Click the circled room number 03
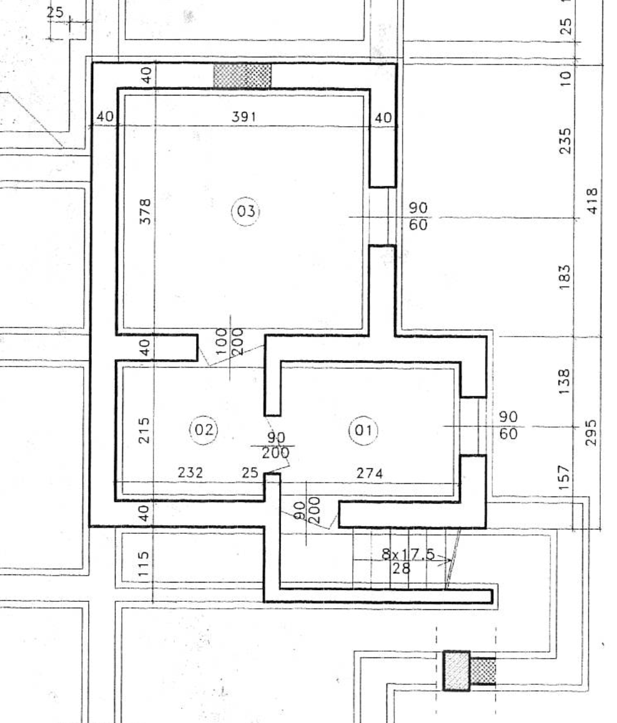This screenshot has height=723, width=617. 245,212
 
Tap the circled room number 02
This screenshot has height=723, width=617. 204,430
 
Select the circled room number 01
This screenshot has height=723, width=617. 363,430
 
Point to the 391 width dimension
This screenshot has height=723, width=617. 244,116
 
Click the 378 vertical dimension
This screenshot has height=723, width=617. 145,211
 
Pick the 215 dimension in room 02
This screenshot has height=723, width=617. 144,430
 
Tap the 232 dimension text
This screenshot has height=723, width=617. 190,473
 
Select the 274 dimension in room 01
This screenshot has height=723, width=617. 369,473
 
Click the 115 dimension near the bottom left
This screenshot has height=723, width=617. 144,563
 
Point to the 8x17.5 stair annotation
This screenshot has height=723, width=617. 408,554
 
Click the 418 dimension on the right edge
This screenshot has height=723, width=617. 591,200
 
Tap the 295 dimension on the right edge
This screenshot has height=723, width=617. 591,433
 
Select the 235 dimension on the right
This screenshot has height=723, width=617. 565,140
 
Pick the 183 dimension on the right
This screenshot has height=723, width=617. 565,277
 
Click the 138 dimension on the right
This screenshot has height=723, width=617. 564,381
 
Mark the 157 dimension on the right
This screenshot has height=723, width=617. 565,477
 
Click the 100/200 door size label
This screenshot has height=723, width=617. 229,342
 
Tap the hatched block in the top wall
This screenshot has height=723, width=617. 242,76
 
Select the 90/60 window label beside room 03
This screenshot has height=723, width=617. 418,216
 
